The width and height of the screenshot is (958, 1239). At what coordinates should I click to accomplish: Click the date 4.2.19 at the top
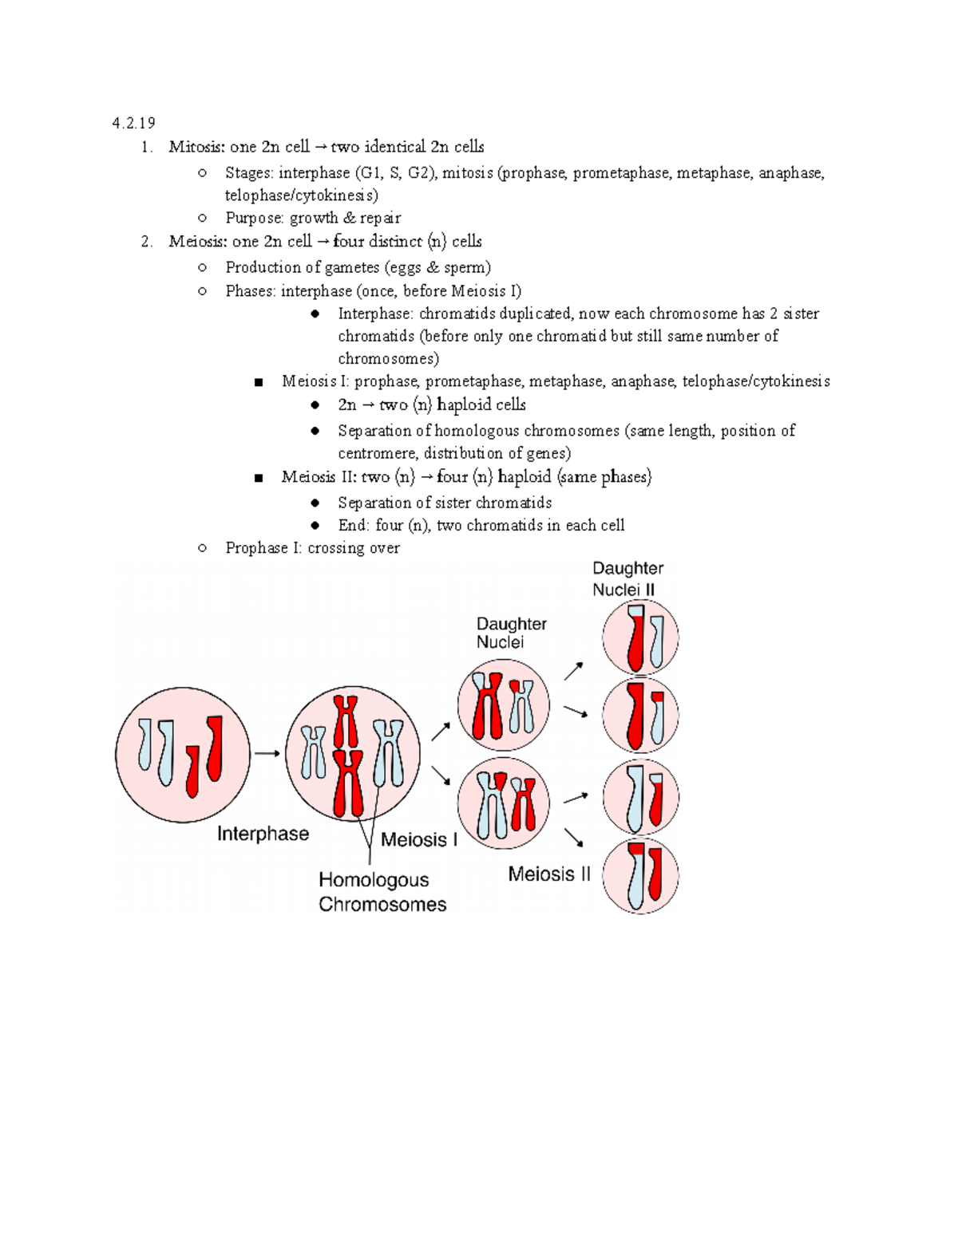click(x=133, y=123)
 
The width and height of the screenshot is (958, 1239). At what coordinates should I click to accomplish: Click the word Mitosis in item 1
click(x=197, y=147)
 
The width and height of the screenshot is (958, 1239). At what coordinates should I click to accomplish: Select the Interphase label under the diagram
click(x=263, y=834)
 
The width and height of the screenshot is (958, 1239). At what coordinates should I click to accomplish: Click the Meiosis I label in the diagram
click(x=418, y=840)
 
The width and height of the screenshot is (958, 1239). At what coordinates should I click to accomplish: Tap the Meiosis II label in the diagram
click(x=549, y=874)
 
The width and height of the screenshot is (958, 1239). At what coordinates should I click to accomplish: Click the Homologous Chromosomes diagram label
click(x=382, y=892)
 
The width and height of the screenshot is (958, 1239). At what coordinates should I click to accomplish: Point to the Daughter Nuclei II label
click(x=627, y=579)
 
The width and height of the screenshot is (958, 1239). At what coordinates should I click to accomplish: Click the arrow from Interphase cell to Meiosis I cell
click(x=267, y=753)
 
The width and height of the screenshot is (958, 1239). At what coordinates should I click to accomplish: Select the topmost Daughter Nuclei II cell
click(x=640, y=638)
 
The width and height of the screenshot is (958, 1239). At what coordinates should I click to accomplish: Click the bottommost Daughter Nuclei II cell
click(x=640, y=876)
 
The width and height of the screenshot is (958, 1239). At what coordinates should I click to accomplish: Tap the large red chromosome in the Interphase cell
click(x=214, y=748)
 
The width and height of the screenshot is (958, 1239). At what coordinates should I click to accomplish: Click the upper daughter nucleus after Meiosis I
click(x=504, y=705)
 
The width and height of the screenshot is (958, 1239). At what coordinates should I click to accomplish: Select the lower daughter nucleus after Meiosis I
click(x=504, y=804)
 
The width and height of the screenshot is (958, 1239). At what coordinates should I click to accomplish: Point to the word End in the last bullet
click(x=352, y=526)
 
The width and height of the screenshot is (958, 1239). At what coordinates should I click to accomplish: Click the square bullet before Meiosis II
click(x=259, y=479)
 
